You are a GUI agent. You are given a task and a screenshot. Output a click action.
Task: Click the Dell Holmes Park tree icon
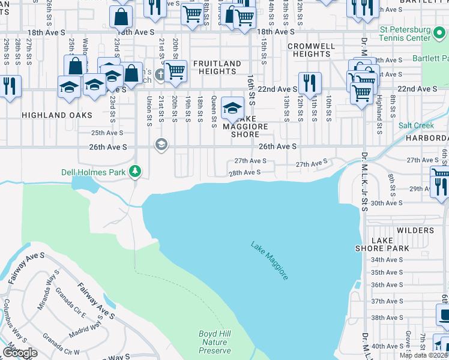click(136, 172)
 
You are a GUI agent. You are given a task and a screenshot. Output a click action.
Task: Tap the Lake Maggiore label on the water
click(270, 260)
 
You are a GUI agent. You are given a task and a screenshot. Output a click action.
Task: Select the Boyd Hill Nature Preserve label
click(214, 342)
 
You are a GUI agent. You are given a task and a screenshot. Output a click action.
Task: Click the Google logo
click(20, 353)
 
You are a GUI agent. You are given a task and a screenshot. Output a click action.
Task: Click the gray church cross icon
click(160, 75)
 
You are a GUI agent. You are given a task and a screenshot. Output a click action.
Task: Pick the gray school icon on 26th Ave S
click(161, 144)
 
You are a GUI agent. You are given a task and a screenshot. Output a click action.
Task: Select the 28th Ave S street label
click(244, 172)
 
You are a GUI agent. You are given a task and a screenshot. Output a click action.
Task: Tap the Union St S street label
click(149, 112)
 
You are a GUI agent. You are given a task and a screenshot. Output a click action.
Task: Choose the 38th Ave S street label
click(387, 318)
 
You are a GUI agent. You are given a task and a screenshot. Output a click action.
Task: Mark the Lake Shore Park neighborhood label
click(390, 244)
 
